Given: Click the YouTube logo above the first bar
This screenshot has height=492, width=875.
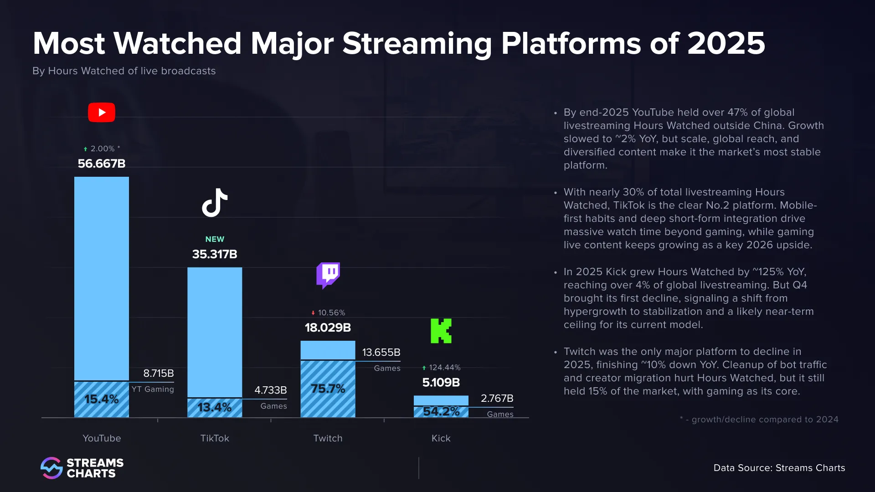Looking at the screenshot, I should coord(101,113).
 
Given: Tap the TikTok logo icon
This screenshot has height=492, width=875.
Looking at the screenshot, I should coord(215,203).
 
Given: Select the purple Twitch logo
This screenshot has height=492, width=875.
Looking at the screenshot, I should coord(328,275).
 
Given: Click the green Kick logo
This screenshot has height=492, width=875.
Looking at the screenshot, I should coord(441,331).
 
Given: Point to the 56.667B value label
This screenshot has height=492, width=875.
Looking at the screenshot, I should coord(101,164).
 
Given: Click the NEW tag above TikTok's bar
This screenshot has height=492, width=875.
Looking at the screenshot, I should coord(215,239).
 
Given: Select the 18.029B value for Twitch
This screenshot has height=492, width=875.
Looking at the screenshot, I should coord(328,328).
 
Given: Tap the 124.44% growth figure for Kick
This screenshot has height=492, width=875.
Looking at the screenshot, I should coord(444,368).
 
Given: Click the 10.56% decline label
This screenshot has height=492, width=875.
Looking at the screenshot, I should coord(331,313).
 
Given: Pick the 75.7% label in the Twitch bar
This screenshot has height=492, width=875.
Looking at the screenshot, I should coord(328,389).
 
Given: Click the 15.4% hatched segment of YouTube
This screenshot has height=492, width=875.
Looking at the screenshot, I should coord(101,400).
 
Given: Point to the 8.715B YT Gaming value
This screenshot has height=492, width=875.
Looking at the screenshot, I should coord(158,374).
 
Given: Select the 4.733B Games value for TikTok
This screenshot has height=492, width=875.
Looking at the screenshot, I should coord(270,390).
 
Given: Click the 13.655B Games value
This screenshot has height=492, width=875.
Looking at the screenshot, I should coord(381,353).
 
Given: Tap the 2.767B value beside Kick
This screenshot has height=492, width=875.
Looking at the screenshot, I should coord(497,399).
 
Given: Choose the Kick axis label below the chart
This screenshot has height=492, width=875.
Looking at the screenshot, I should coord(441,438).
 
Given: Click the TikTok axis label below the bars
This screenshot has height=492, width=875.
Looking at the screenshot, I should coord(215,438).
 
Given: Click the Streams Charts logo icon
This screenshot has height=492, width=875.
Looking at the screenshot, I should coord(51,468).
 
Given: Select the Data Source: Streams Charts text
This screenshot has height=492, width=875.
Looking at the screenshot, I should coord(779,468).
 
